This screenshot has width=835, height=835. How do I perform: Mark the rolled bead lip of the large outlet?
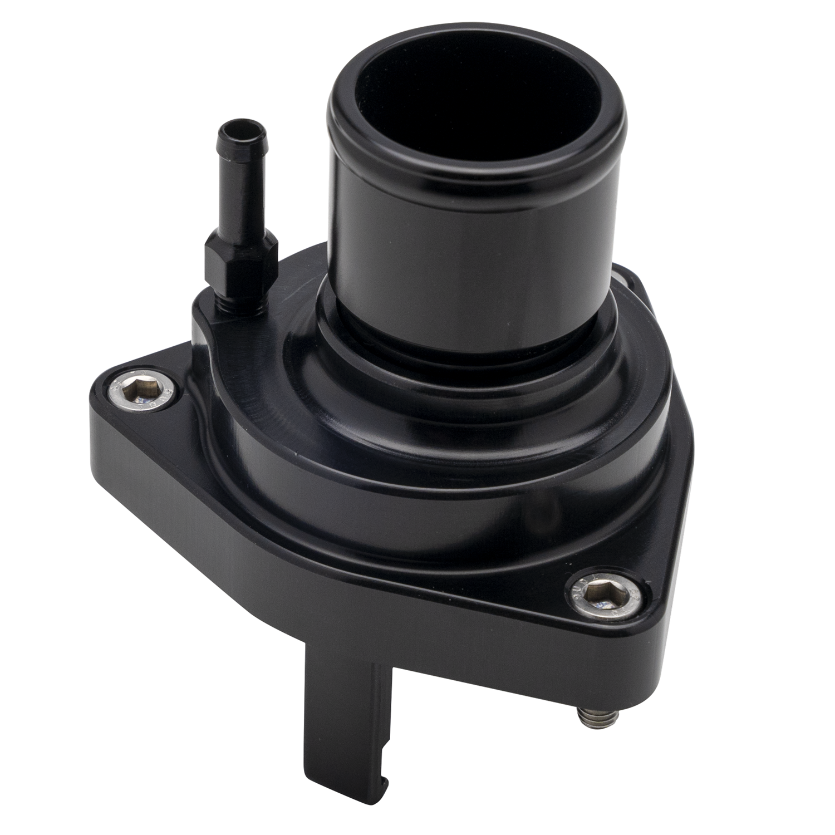(x=479, y=161)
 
